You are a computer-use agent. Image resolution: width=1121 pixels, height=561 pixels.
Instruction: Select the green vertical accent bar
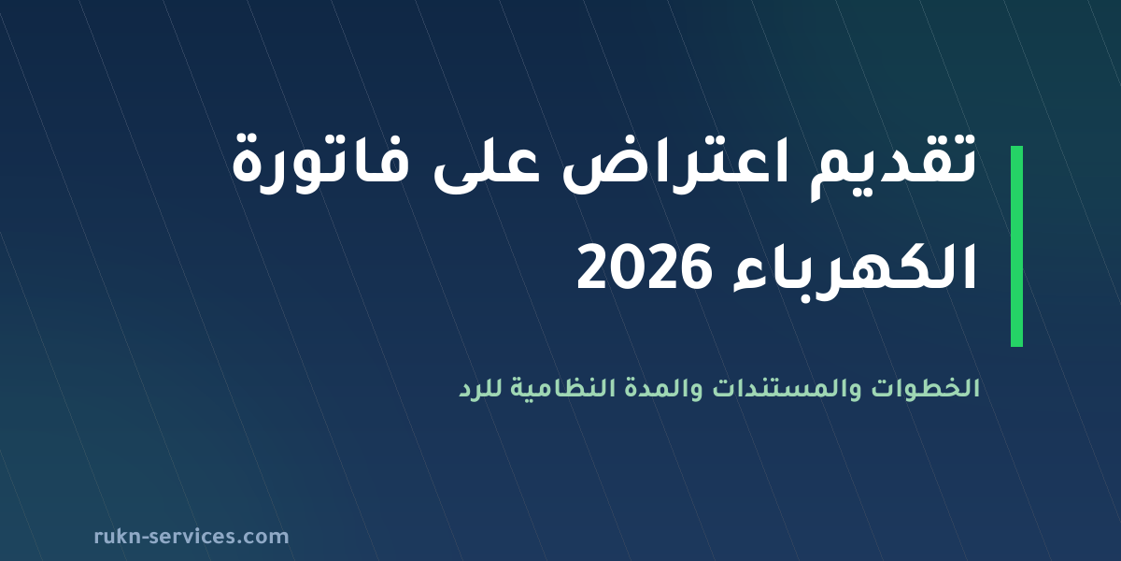[1016, 246]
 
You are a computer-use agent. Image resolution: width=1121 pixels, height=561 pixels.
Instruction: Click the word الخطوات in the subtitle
[926, 388]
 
